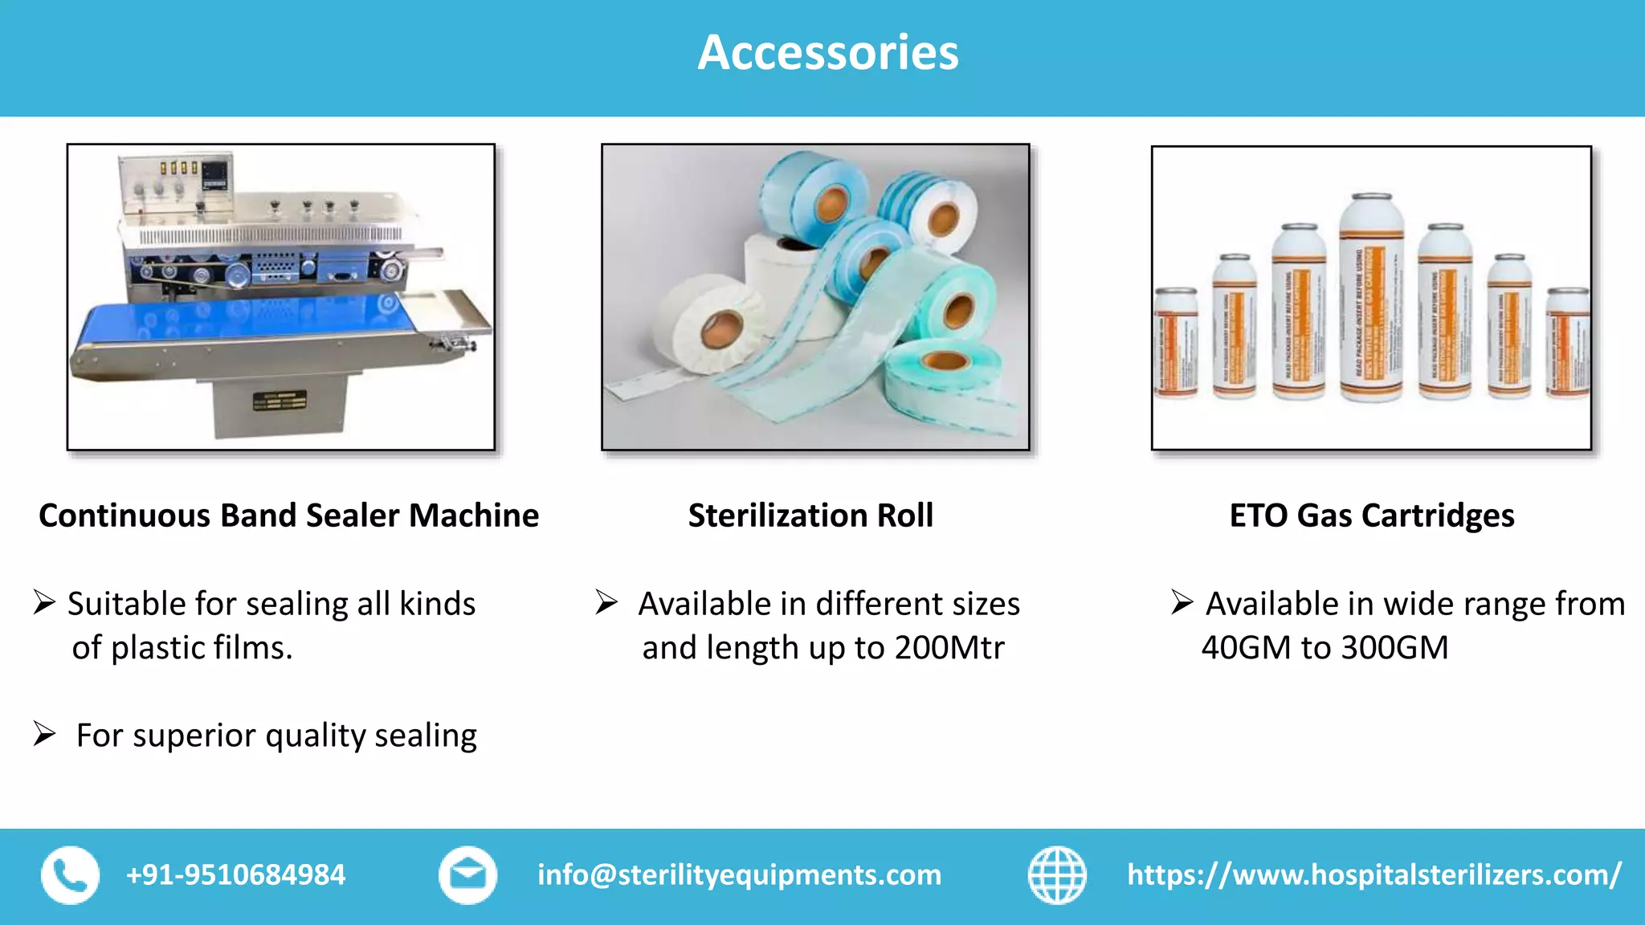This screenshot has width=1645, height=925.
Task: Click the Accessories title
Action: tap(827, 53)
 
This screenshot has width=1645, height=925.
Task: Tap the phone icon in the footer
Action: tap(71, 875)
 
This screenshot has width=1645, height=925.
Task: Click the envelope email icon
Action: tap(467, 875)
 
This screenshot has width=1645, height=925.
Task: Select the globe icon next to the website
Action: tap(1057, 875)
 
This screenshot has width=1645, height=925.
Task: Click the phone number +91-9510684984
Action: tap(235, 875)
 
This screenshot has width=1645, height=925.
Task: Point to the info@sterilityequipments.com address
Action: tap(739, 875)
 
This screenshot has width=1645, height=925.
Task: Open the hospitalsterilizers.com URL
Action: tap(1374, 875)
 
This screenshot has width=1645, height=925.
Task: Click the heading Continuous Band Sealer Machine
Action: tap(288, 515)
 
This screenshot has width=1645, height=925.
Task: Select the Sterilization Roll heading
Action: tap(810, 515)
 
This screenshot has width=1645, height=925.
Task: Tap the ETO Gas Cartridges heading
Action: tap(1372, 515)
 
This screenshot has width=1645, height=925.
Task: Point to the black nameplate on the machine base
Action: tap(280, 401)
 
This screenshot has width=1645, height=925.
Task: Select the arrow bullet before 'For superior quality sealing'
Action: tap(44, 734)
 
